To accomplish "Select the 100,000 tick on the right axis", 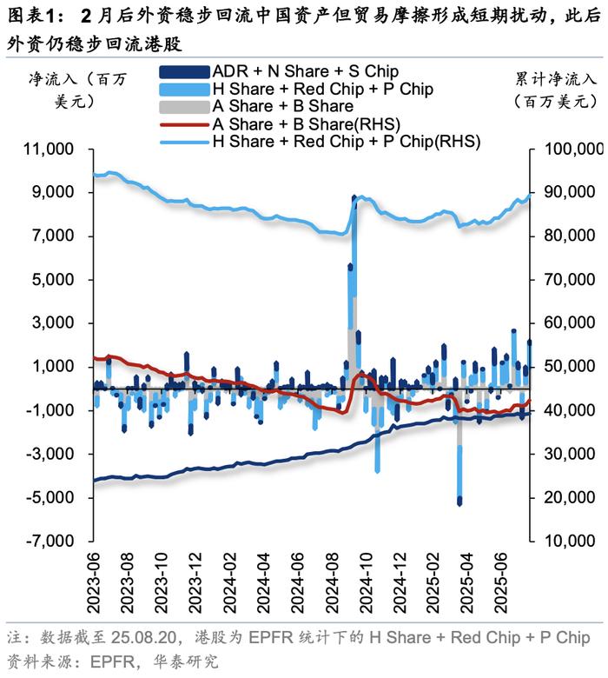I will [x=568, y=149].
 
